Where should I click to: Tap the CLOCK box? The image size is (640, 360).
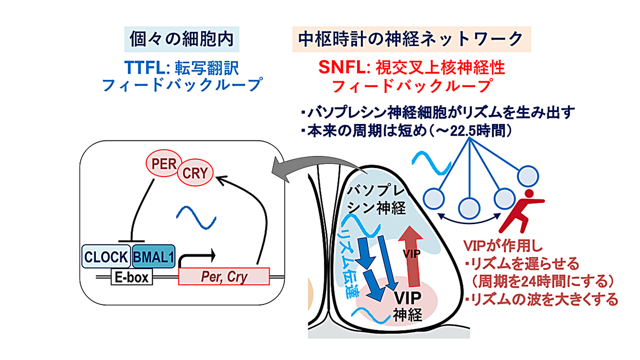106,256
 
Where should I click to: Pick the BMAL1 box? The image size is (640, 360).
153,256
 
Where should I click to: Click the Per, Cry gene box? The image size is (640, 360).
223,276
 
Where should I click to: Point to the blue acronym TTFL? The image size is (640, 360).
141,66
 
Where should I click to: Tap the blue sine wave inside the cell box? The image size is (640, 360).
197,218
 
